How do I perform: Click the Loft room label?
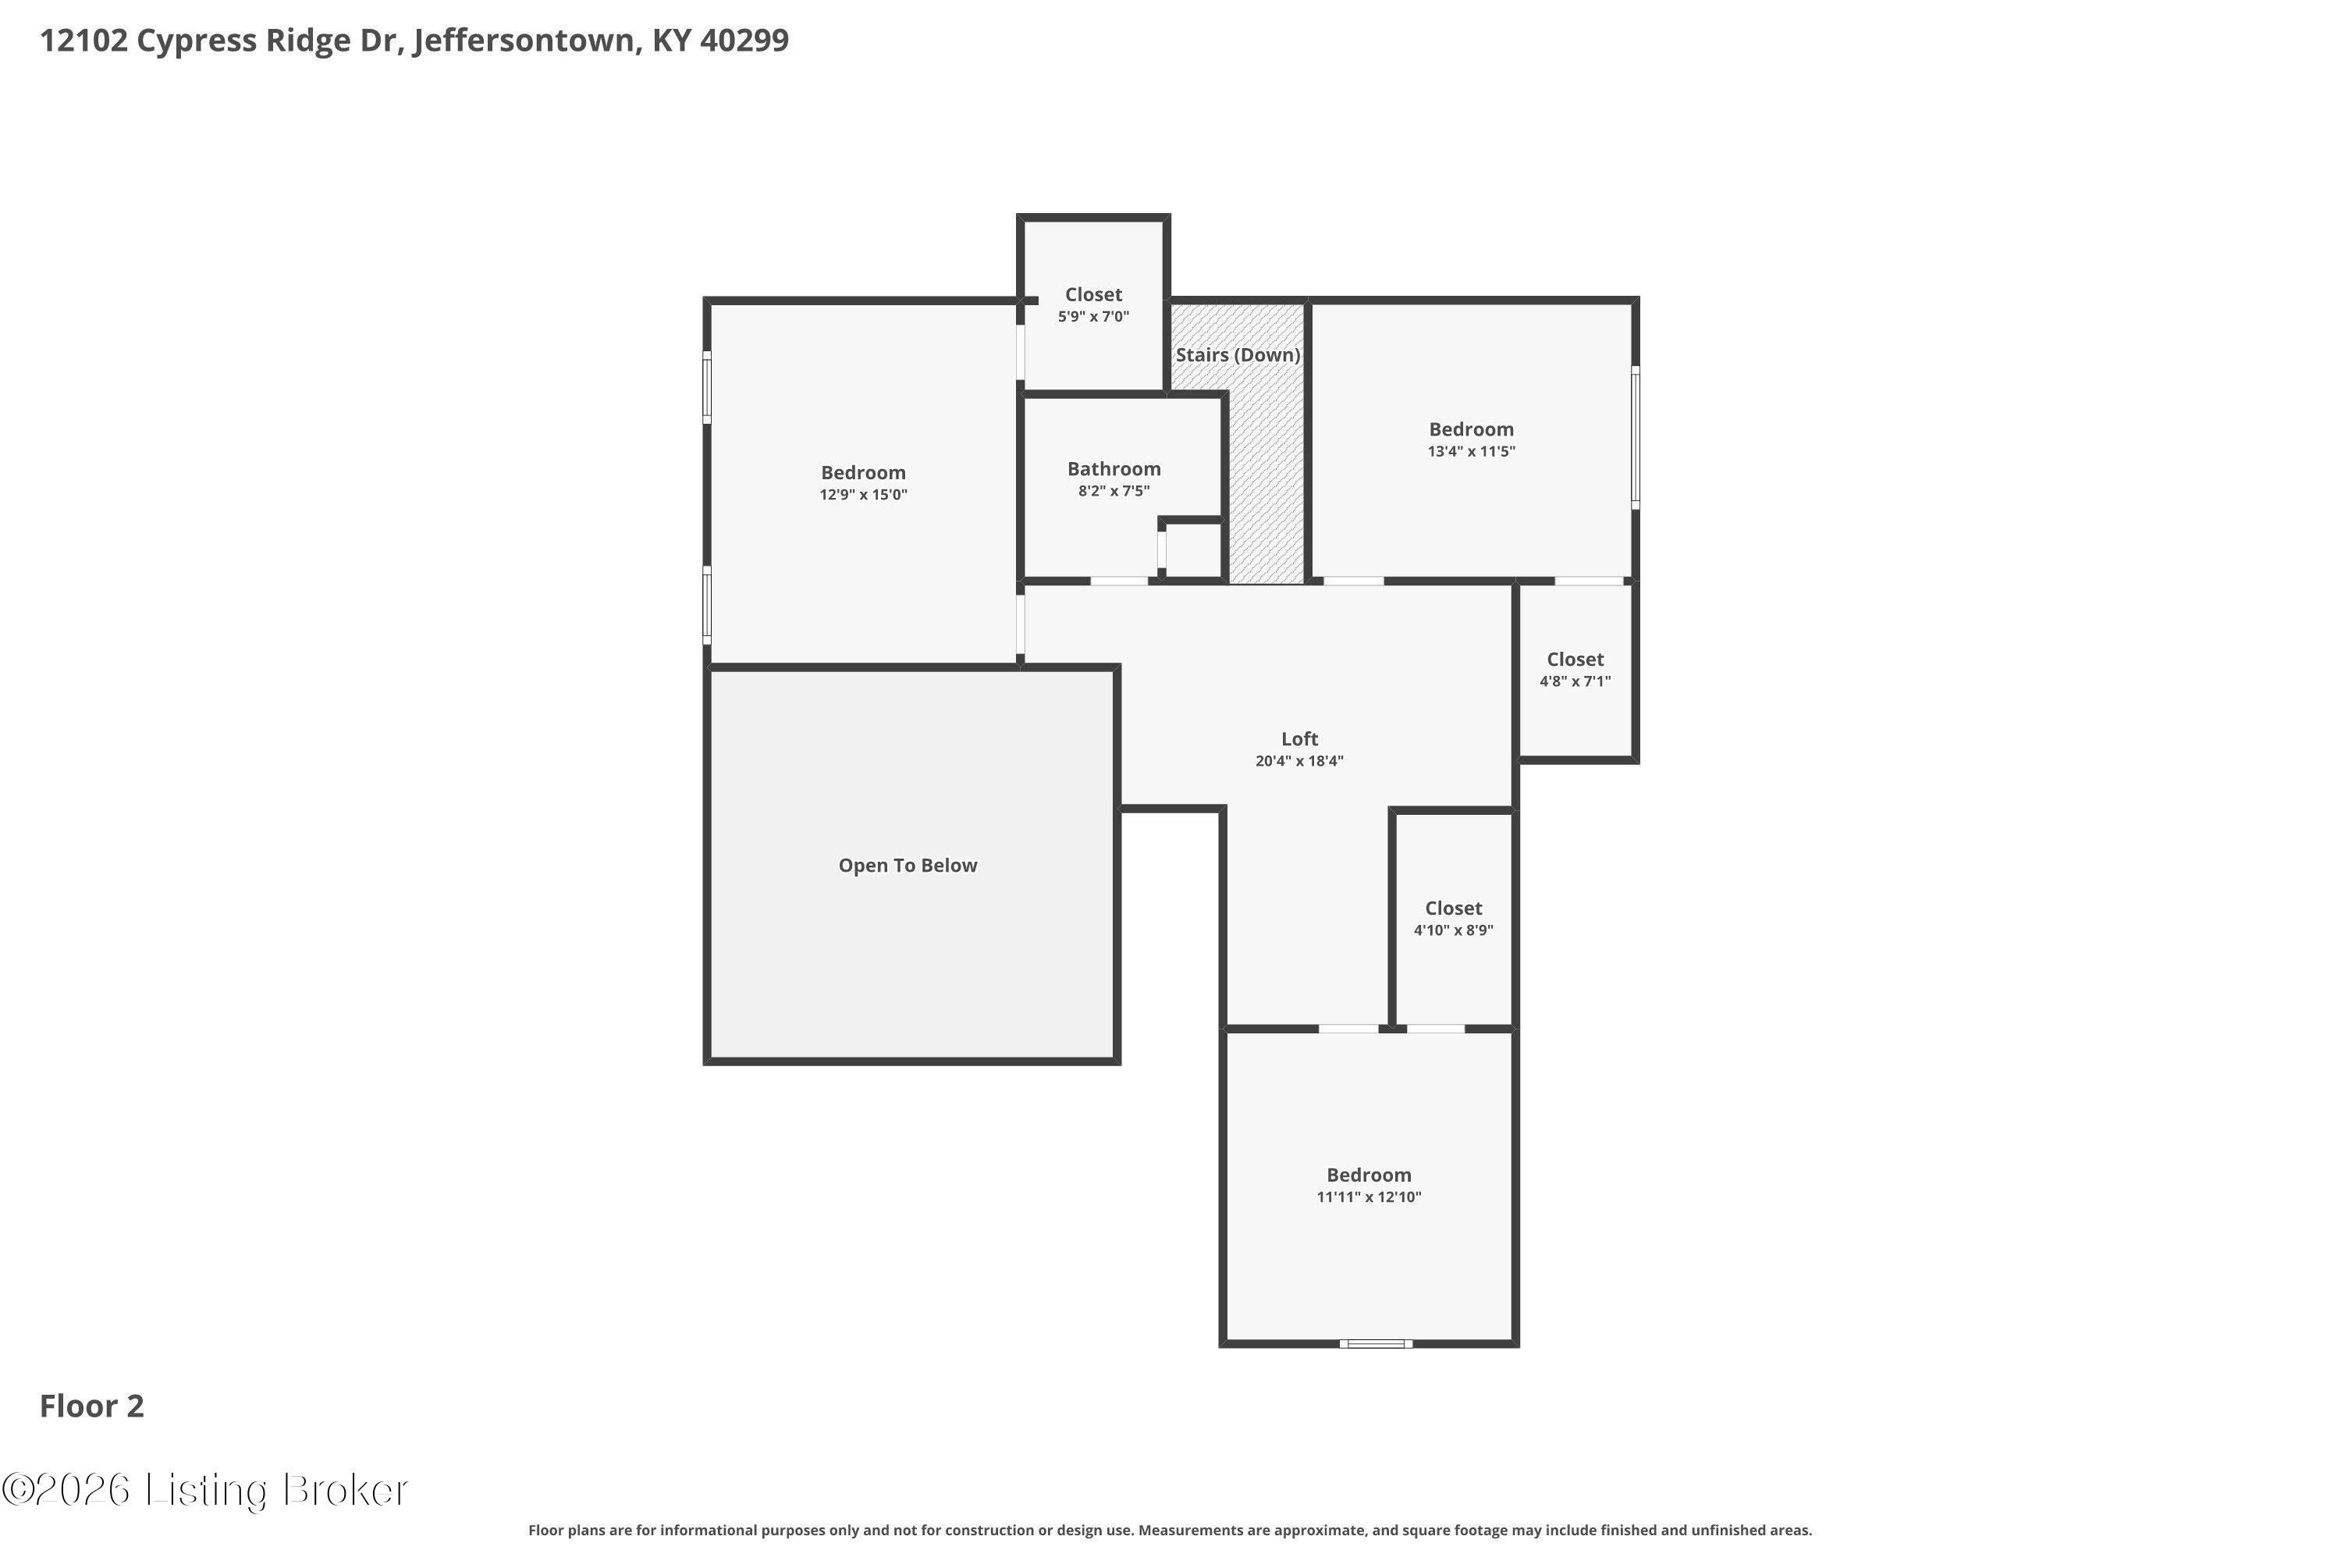1299,738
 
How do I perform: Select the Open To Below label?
907,865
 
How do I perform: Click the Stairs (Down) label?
1237,354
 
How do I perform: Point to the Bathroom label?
1114,469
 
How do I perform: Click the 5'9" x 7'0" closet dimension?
1093,317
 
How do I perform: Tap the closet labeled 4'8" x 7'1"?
1575,669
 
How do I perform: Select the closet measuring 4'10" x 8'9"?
1453,918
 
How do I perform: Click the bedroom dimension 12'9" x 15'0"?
863,495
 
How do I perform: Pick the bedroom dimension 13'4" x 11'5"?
1471,451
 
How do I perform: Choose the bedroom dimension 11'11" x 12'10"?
1369,1197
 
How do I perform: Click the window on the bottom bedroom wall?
1374,1344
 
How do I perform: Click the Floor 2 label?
91,1406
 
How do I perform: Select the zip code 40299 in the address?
744,40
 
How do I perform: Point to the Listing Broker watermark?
206,1489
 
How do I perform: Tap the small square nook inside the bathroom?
1192,549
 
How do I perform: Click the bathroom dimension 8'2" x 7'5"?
1114,491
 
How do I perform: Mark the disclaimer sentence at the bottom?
1170,1530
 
